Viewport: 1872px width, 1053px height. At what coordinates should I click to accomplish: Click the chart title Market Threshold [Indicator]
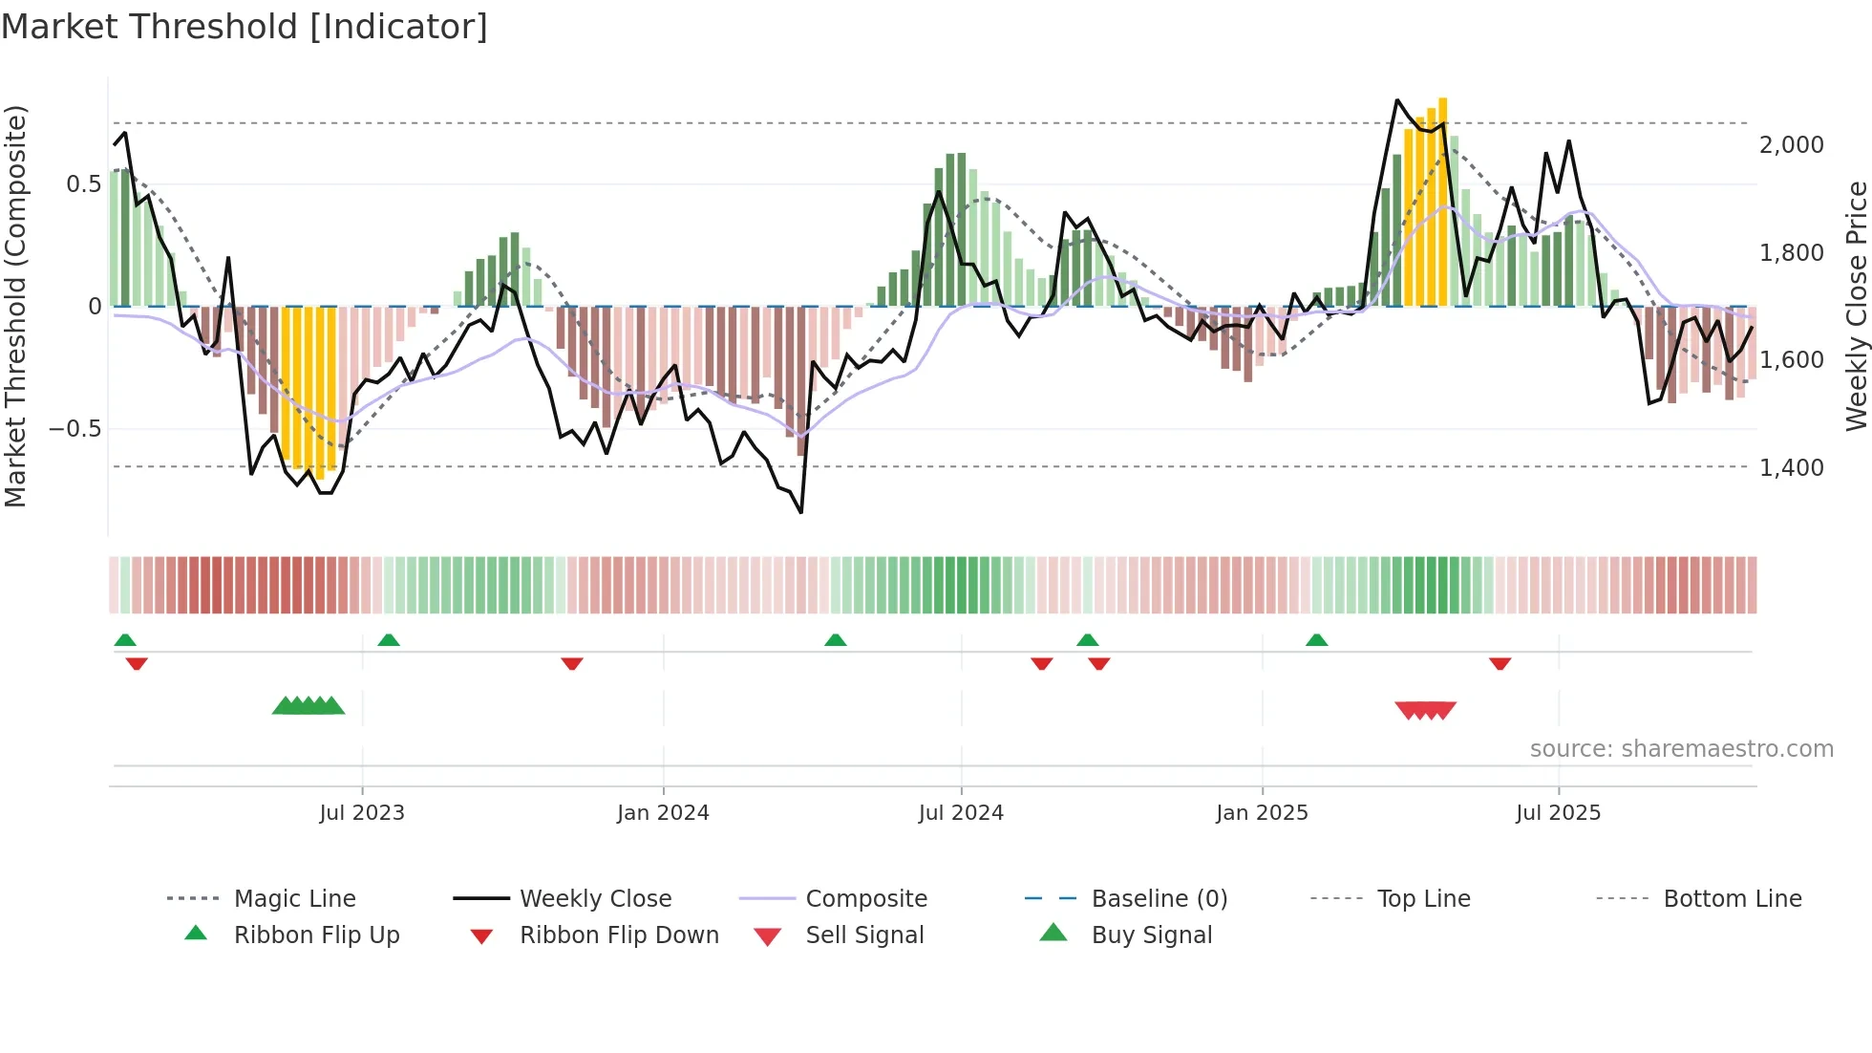tap(245, 27)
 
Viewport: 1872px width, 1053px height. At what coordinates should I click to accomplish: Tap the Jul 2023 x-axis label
tap(362, 813)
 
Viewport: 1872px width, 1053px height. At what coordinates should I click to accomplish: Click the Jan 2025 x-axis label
tap(1262, 813)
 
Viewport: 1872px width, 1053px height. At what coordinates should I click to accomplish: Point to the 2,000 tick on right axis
tap(1791, 145)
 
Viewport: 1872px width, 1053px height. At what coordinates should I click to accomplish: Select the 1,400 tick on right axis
tap(1791, 468)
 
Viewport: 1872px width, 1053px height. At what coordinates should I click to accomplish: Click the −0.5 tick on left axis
tap(75, 429)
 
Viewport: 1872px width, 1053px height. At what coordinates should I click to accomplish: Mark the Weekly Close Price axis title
tap(1856, 306)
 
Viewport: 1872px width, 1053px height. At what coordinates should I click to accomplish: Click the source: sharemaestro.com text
tap(1681, 749)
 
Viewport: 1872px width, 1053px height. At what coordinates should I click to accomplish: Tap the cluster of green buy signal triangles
tap(308, 707)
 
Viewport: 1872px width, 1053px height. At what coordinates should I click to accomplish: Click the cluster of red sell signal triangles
tap(1425, 710)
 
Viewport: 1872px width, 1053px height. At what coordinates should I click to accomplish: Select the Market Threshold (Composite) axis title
tap(15, 306)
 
